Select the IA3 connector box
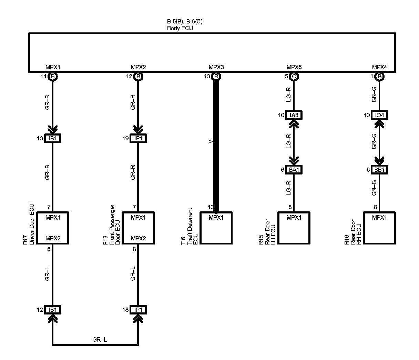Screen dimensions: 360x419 (294, 115)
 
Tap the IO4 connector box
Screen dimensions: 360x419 (379, 115)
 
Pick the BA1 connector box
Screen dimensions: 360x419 (294, 170)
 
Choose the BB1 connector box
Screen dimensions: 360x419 (379, 170)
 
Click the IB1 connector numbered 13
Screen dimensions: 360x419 (52, 139)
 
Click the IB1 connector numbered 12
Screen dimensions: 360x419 (52, 310)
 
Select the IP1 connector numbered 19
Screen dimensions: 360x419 (138, 139)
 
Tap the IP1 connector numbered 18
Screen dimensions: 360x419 (138, 310)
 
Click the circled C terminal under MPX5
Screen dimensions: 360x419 (294, 77)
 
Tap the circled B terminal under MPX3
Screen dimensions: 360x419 (216, 77)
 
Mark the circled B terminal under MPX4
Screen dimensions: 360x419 (379, 77)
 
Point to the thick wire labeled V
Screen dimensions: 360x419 (216, 145)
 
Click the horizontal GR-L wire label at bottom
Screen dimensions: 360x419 (100, 340)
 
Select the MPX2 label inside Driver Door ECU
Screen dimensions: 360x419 (53, 238)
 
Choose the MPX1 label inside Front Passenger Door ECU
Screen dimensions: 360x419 (138, 218)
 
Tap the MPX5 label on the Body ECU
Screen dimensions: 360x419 (294, 67)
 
